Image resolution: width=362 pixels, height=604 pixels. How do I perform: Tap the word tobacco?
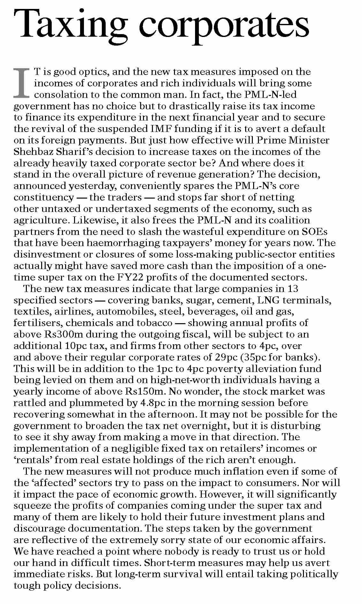point(155,323)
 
